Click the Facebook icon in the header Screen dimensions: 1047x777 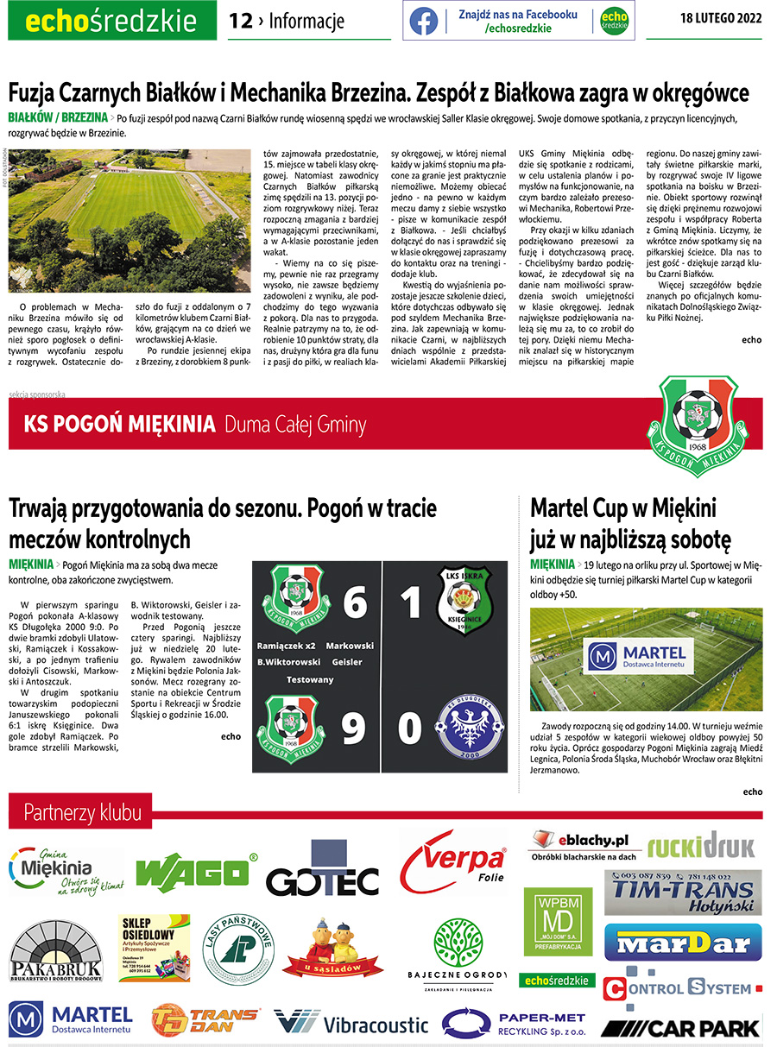(x=424, y=20)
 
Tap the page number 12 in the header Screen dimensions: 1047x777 (x=240, y=20)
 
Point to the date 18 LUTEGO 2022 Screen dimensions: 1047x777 (x=721, y=20)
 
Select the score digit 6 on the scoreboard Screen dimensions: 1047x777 (x=354, y=602)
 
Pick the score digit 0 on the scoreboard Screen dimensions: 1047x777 (x=410, y=728)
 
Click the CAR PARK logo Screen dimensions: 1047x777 (x=681, y=1027)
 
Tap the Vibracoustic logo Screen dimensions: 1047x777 (x=351, y=1024)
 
